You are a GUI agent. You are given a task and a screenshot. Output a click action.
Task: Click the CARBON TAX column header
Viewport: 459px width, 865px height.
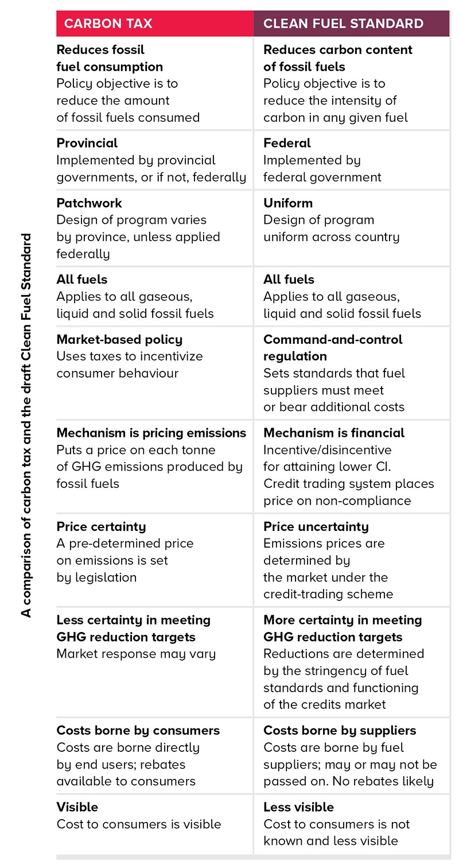pyautogui.click(x=108, y=24)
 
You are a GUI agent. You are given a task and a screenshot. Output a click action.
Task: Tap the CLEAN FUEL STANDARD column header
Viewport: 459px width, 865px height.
pyautogui.click(x=343, y=24)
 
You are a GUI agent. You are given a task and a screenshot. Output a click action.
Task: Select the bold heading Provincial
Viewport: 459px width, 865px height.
pyautogui.click(x=87, y=143)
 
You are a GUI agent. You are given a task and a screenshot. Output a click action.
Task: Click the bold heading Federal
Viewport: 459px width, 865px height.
pyautogui.click(x=287, y=143)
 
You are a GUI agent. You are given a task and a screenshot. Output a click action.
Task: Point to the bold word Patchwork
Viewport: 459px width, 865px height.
pyautogui.click(x=89, y=203)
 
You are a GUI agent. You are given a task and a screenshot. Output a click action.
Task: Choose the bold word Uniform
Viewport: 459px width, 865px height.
pyautogui.click(x=288, y=203)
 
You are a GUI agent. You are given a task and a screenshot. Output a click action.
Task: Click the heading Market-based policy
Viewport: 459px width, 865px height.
pyautogui.click(x=119, y=339)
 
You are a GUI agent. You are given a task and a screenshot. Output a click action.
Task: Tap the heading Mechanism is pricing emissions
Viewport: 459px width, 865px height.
pyautogui.click(x=151, y=433)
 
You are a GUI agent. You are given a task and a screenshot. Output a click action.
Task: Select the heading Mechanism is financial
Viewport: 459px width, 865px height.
pyautogui.click(x=334, y=433)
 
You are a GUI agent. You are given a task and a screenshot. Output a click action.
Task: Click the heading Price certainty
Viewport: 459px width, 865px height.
pyautogui.click(x=101, y=526)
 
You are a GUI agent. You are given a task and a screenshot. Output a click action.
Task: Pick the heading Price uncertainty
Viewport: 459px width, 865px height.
pyautogui.click(x=316, y=526)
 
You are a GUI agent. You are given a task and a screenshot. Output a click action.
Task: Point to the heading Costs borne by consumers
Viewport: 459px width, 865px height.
pyautogui.click(x=138, y=731)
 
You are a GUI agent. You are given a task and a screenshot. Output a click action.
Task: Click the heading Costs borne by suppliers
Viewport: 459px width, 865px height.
pyautogui.click(x=340, y=731)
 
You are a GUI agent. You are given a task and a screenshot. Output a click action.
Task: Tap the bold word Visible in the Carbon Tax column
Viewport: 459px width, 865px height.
pyautogui.click(x=77, y=807)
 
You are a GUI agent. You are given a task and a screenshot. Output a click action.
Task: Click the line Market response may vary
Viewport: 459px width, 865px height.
pyautogui.click(x=136, y=654)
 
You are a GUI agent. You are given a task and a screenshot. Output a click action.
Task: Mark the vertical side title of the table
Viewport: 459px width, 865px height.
pyautogui.click(x=27, y=425)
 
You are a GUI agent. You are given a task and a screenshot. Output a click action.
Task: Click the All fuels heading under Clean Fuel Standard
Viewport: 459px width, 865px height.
pyautogui.click(x=289, y=280)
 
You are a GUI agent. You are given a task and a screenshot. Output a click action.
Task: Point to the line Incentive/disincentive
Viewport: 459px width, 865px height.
pyautogui.click(x=327, y=449)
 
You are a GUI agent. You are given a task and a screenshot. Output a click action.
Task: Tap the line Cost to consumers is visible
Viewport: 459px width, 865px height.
pyautogui.click(x=138, y=824)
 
